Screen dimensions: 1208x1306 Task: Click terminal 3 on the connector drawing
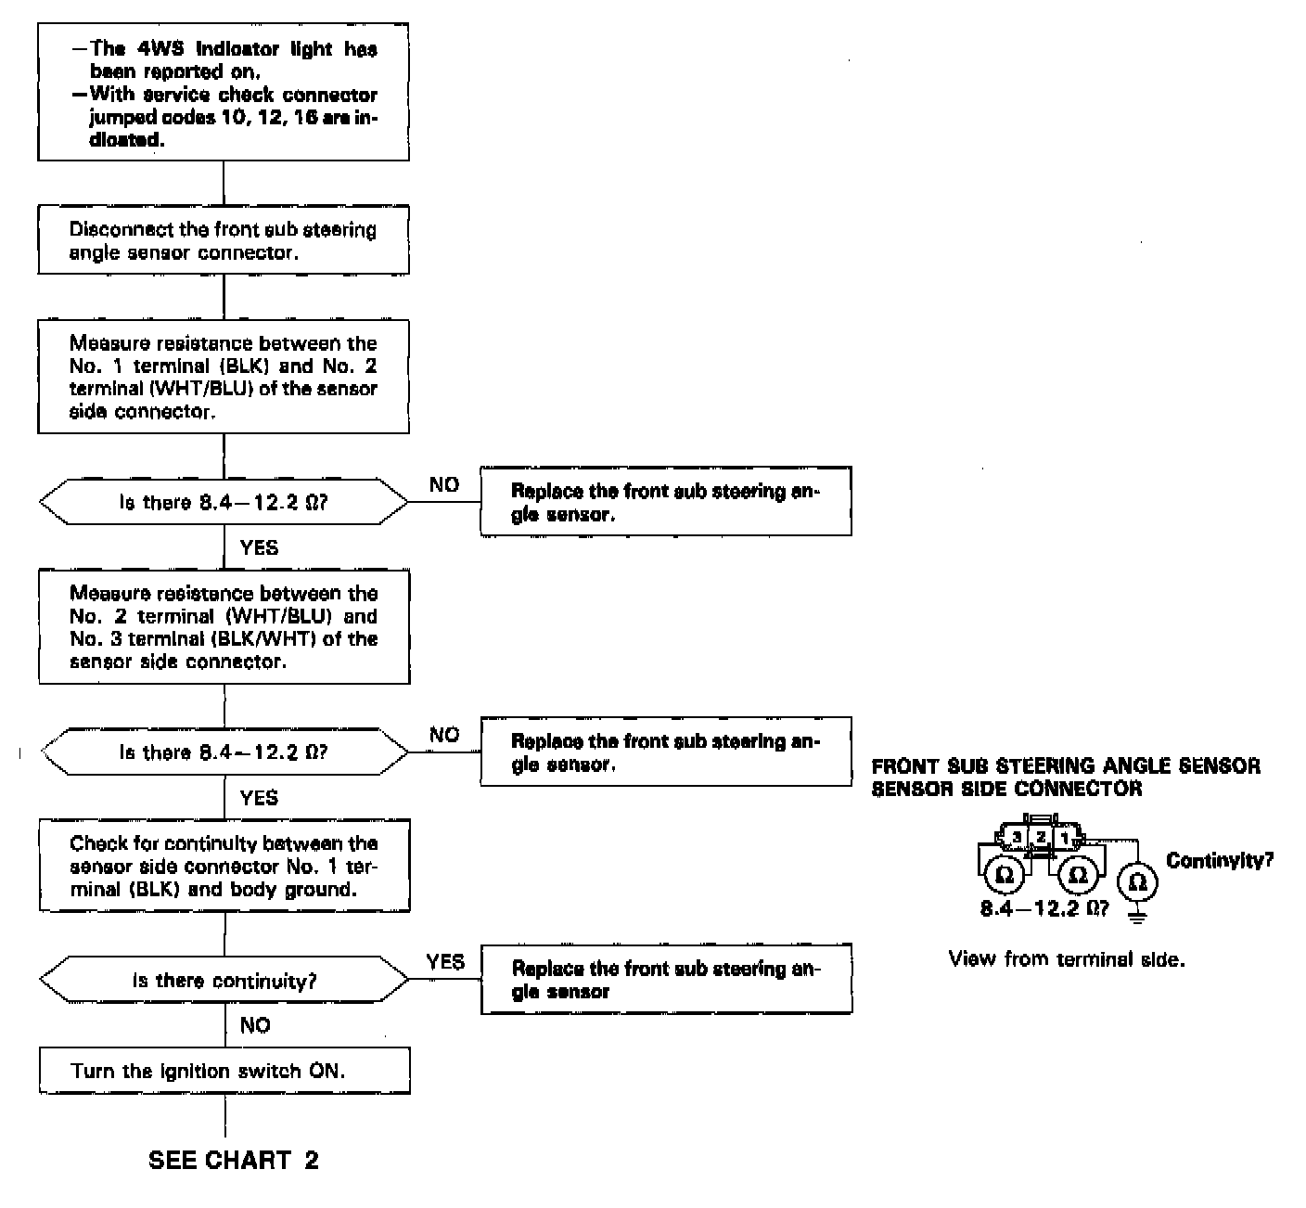click(x=1018, y=838)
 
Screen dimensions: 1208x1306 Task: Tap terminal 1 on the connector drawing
click(x=1065, y=838)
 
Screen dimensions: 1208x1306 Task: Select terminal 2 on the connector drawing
click(x=1041, y=838)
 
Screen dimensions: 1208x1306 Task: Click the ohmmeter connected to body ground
click(x=1138, y=882)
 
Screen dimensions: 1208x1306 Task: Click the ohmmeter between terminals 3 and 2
click(x=1004, y=875)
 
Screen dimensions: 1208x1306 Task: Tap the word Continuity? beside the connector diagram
click(x=1219, y=860)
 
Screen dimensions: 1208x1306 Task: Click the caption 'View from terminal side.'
click(x=1067, y=959)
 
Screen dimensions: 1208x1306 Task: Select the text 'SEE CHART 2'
click(x=234, y=1160)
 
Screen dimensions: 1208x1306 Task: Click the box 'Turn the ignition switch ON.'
click(x=224, y=1071)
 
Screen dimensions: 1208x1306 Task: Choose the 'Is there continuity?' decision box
click(x=224, y=981)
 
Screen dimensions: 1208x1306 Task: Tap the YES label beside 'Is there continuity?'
click(x=445, y=961)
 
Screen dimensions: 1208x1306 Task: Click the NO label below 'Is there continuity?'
click(x=255, y=1024)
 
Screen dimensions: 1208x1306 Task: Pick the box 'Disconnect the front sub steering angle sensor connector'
click(x=224, y=240)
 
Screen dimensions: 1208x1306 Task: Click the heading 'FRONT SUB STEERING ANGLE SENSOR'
click(x=1066, y=765)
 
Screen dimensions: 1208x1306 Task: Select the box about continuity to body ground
click(x=224, y=866)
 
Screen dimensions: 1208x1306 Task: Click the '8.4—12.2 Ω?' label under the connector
click(x=1044, y=907)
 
